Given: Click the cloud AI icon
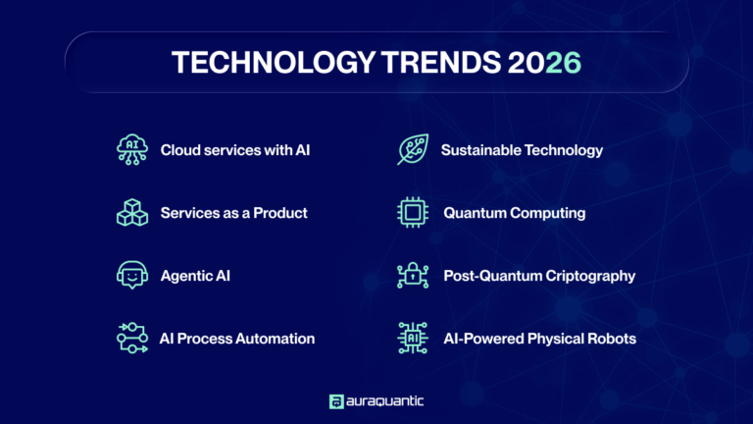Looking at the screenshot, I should [131, 150].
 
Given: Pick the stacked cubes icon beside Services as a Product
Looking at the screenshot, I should [131, 213].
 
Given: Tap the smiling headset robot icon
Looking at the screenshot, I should [131, 276].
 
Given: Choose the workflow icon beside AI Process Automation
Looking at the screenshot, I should [131, 339].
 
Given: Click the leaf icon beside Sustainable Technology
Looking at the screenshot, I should [411, 150].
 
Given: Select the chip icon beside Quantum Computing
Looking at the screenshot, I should [411, 213].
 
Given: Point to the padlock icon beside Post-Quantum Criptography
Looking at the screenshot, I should [411, 276].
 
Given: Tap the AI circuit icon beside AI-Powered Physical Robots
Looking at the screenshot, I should [411, 339].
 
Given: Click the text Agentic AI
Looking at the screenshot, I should [195, 276].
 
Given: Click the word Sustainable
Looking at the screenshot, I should [482, 150].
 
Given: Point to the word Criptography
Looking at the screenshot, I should [586, 276].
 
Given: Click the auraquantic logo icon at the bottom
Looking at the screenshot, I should [336, 400].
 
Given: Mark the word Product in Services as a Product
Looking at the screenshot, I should [280, 213].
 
